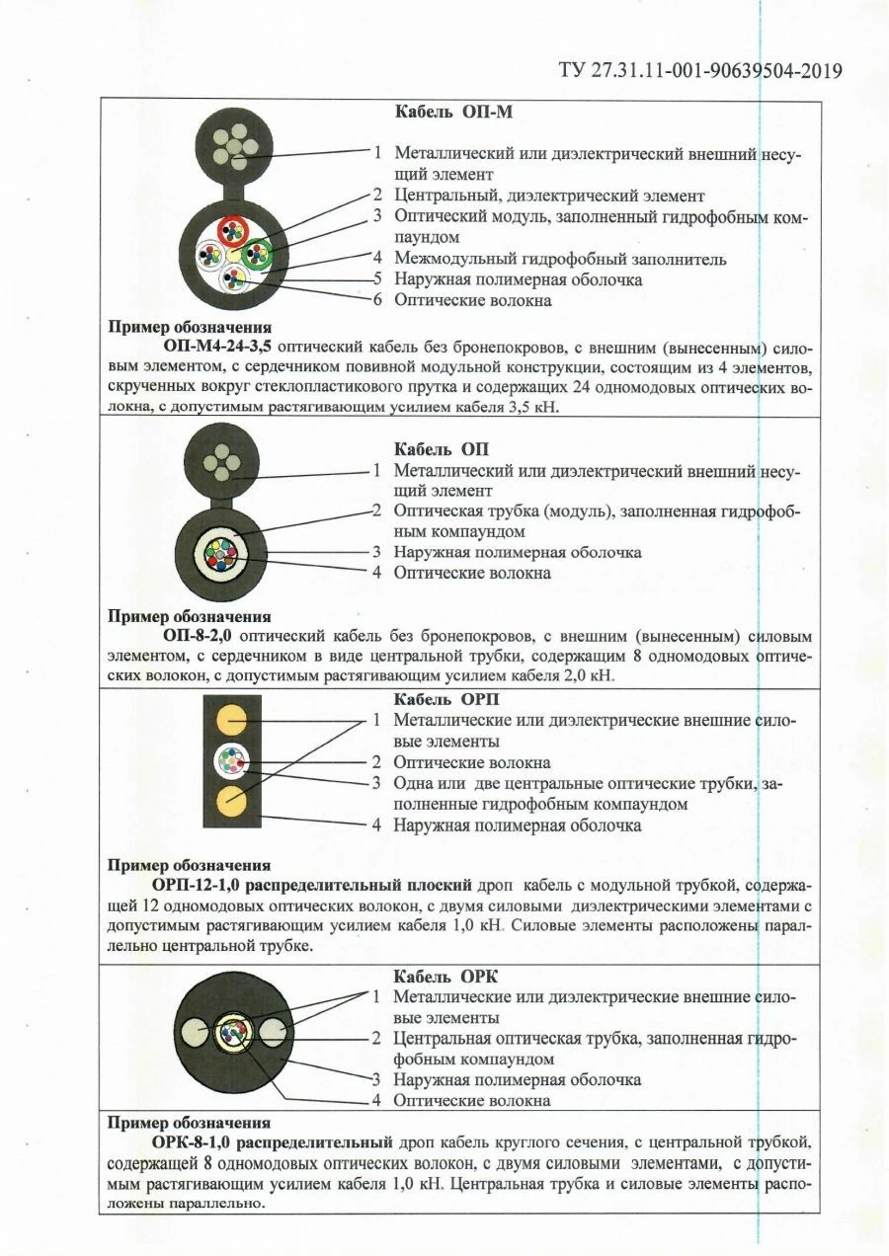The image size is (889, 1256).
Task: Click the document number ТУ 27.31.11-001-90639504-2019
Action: (x=700, y=70)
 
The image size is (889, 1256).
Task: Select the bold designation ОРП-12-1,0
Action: (x=202, y=884)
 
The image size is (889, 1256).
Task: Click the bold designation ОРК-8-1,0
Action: (x=198, y=1143)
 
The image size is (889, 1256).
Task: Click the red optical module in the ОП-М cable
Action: (x=234, y=231)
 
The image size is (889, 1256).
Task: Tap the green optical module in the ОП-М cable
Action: (x=257, y=252)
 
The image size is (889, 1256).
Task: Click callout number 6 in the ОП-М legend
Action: (x=376, y=299)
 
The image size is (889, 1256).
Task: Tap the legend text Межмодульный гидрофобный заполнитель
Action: (x=560, y=259)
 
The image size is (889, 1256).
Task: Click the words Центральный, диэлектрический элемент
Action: (x=548, y=196)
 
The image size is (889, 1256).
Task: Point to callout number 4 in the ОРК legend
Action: (x=376, y=1100)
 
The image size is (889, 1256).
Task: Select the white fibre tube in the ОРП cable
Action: (x=233, y=762)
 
